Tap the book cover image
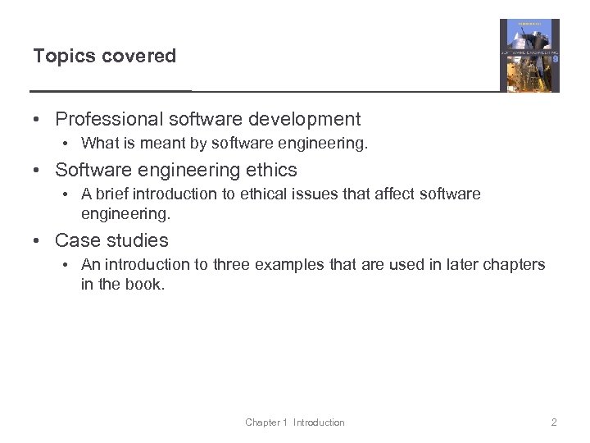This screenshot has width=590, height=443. click(529, 55)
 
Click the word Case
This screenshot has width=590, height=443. click(75, 241)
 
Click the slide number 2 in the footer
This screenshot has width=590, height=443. click(554, 422)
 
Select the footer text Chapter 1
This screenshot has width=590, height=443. click(266, 422)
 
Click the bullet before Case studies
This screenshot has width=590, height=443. click(38, 241)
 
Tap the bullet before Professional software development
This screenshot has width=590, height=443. click(38, 120)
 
